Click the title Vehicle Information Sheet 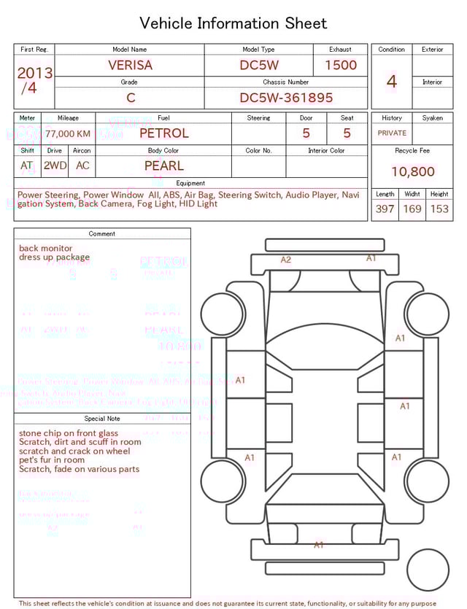click(x=233, y=23)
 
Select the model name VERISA click(x=130, y=65)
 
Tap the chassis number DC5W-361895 click(x=286, y=98)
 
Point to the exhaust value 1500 click(x=340, y=65)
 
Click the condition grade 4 click(x=391, y=82)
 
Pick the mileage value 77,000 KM click(x=68, y=134)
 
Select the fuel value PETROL click(x=163, y=133)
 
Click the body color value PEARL click(x=163, y=166)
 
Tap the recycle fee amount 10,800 click(x=412, y=172)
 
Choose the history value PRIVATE click(x=391, y=133)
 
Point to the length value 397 click(x=385, y=209)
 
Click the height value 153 click(x=439, y=209)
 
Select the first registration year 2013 click(x=34, y=73)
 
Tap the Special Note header click(x=102, y=419)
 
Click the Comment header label click(x=102, y=234)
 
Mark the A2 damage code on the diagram click(x=286, y=260)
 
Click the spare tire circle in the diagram click(x=428, y=570)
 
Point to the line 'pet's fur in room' click(x=52, y=460)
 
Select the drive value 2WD click(x=55, y=166)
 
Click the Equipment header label click(x=190, y=183)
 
